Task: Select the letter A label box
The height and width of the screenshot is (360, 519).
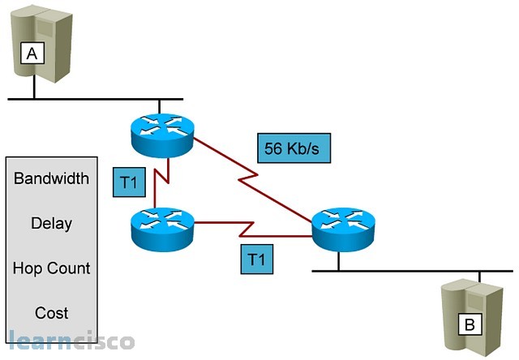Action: pyautogui.click(x=32, y=54)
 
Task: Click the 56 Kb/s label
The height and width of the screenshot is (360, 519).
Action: pyautogui.click(x=293, y=148)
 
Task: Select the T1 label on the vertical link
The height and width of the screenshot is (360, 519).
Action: pyautogui.click(x=128, y=185)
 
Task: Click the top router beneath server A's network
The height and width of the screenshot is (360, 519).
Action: pyautogui.click(x=162, y=130)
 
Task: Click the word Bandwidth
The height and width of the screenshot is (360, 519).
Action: pyautogui.click(x=51, y=178)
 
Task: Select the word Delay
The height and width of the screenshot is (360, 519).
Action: pyautogui.click(x=51, y=223)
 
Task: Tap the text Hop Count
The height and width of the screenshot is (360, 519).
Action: pyautogui.click(x=51, y=268)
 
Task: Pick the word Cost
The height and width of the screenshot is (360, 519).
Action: pyautogui.click(x=51, y=313)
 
